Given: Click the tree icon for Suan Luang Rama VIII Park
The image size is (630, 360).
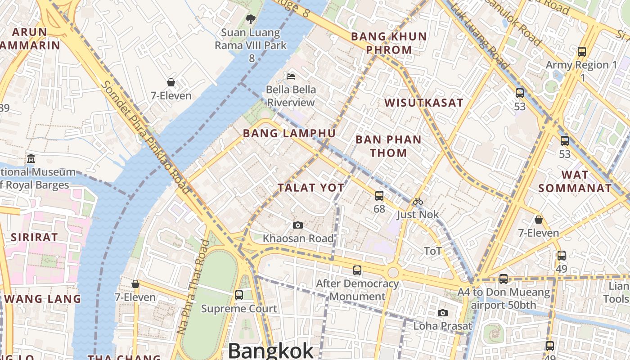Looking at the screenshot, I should click(251, 19).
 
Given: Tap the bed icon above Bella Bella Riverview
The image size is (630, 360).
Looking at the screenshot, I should click(291, 76).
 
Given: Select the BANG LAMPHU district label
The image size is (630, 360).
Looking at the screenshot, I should click(289, 133).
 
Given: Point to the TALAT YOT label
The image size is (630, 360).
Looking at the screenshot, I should click(311, 188).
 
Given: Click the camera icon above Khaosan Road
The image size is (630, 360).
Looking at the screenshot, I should click(297, 225).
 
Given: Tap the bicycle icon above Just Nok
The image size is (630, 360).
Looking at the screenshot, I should click(418, 201).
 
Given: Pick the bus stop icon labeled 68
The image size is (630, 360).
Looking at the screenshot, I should click(379, 195).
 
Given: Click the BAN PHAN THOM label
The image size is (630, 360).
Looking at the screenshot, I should click(388, 146).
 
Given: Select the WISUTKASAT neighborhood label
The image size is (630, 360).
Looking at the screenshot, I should click(423, 103).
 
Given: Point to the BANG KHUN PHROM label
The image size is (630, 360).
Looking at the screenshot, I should click(388, 43).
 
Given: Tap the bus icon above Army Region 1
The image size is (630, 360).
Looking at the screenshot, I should click(582, 51).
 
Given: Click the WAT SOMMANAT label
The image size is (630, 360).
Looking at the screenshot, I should click(575, 181).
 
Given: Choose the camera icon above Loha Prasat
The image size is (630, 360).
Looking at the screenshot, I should click(443, 313).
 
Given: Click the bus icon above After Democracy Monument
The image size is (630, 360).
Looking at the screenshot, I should click(357, 270).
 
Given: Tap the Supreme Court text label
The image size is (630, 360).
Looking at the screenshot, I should click(239, 309).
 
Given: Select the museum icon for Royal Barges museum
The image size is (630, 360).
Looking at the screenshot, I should click(31, 158).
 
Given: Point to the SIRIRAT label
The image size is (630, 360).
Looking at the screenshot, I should click(34, 237).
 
